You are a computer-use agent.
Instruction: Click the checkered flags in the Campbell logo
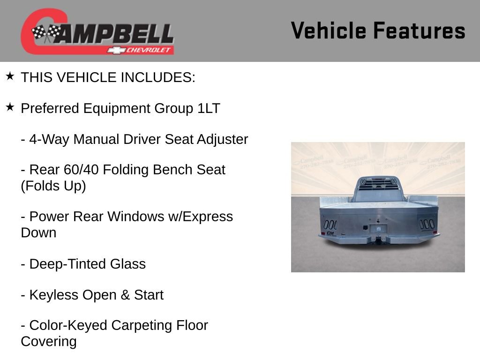(46, 33)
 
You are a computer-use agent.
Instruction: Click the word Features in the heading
(419, 31)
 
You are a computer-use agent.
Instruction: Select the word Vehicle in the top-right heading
(329, 31)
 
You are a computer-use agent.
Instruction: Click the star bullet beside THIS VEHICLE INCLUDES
(10, 76)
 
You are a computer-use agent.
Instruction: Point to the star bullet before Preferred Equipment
(10, 107)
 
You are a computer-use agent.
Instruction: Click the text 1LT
(208, 109)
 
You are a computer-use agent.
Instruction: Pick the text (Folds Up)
(53, 186)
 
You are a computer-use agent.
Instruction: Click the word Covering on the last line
(49, 341)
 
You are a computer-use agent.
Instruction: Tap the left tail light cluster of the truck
(330, 224)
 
